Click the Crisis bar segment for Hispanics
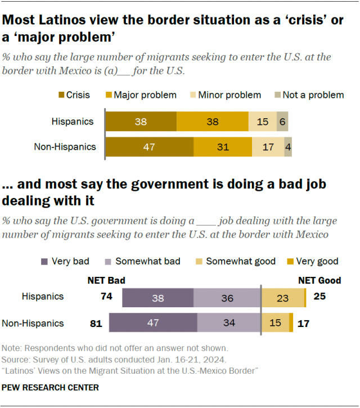[141, 121]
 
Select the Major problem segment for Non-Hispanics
[223, 147]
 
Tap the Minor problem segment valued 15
[262, 121]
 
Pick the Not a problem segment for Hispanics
[282, 121]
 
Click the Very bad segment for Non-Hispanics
[153, 324]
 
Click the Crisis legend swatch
[61, 95]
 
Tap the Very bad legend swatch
[44, 261]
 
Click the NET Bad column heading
[106, 280]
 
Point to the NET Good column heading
[319, 280]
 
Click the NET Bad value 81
[96, 324]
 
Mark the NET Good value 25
[318, 297]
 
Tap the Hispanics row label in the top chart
[73, 121]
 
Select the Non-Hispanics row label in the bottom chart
[33, 324]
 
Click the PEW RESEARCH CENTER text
[51, 388]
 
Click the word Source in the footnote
[15, 359]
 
